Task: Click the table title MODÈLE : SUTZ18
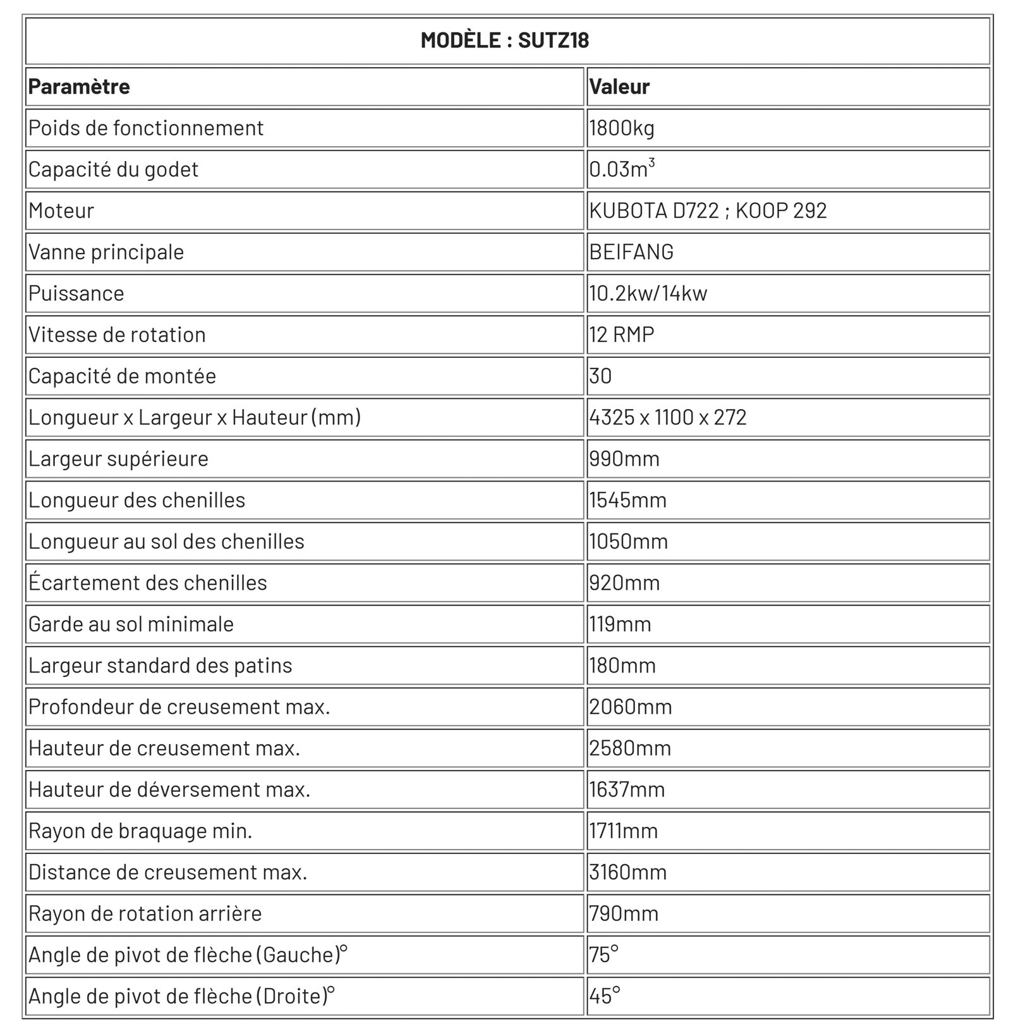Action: pos(505,40)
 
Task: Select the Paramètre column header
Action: pos(79,87)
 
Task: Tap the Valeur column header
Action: pos(619,87)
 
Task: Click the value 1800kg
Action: pos(622,128)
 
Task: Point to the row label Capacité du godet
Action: pos(113,169)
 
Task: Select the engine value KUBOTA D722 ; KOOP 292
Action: pos(708,210)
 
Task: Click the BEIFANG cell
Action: pos(631,252)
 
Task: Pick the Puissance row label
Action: pos(76,293)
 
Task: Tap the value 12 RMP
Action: pos(622,334)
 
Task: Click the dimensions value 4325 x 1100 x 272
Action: pos(668,417)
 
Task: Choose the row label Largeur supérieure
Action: pos(118,459)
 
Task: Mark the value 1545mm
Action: pos(628,500)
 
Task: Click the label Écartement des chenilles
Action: pos(147,583)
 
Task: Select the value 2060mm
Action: pos(631,707)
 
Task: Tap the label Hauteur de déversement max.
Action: pos(169,789)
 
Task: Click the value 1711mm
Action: pos(624,831)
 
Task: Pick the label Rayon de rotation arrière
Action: pos(145,913)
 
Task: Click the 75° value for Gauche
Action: pos(604,954)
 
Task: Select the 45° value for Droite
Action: pos(605,996)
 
